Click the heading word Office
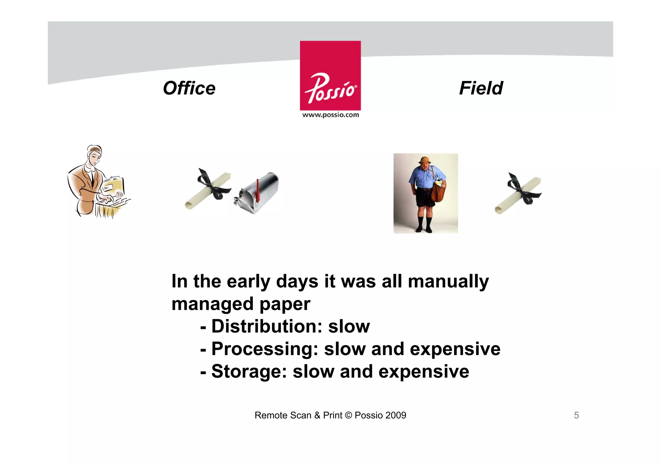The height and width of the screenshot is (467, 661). tap(189, 88)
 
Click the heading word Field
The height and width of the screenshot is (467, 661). tap(481, 88)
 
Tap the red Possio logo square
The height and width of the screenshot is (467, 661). tap(330, 75)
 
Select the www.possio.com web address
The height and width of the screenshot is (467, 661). tap(330, 115)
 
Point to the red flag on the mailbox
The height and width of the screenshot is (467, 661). tap(258, 190)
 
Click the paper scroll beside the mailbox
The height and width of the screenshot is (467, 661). tap(208, 190)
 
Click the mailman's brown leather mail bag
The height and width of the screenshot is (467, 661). tap(438, 192)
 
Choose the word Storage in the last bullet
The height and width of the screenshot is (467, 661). tap(249, 372)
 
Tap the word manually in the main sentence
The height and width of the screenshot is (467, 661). tap(448, 282)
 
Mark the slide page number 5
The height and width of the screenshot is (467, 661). tap(576, 415)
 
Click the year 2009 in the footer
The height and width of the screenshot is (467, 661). tap(396, 415)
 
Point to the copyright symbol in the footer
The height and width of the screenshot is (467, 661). tap(348, 415)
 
